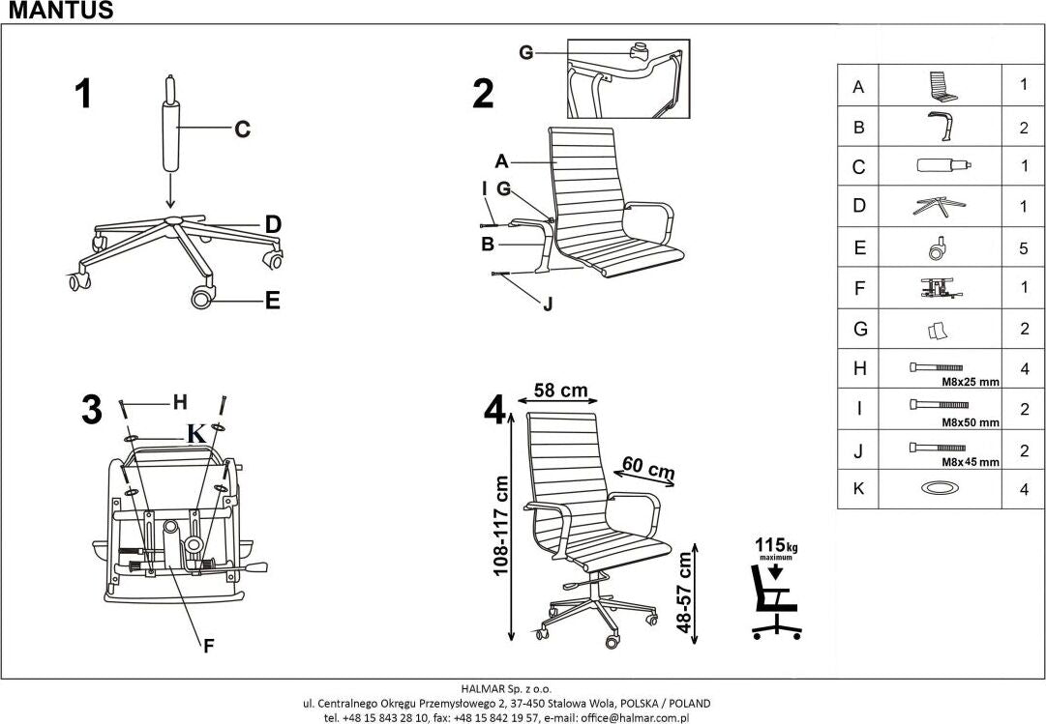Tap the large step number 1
(84, 95)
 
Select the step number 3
(91, 410)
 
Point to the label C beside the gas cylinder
(242, 129)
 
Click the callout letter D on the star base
(273, 224)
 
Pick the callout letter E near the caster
(272, 301)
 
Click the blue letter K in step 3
(196, 434)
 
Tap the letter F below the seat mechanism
(209, 647)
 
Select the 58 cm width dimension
(560, 391)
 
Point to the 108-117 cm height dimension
(501, 526)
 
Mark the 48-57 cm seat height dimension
(685, 592)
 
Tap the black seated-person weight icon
(775, 602)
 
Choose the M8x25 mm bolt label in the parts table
(970, 382)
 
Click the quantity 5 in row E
(1023, 247)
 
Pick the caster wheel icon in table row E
(937, 249)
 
